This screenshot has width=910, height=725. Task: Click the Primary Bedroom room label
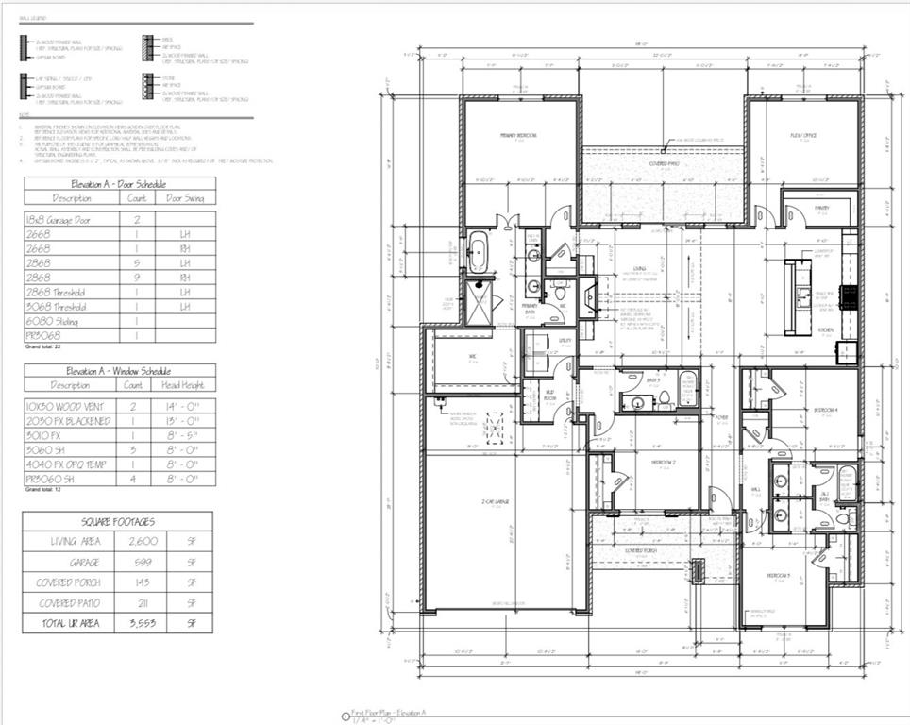[518, 136]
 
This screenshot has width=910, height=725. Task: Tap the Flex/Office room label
[802, 136]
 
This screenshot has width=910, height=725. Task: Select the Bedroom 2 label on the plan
[663, 463]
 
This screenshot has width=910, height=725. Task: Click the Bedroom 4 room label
[826, 410]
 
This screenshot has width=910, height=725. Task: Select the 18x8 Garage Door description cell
[59, 218]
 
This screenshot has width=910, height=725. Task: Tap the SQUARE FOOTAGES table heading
[118, 520]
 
